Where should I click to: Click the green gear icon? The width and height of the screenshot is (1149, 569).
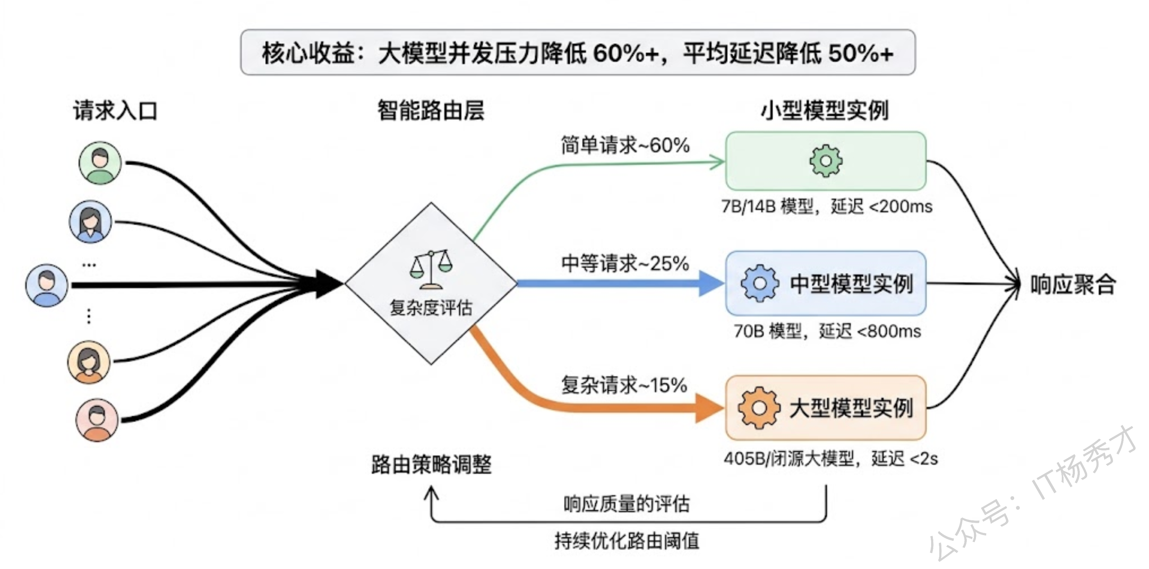(826, 161)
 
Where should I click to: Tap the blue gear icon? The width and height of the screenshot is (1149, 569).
(760, 283)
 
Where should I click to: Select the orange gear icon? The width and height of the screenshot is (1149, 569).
(759, 408)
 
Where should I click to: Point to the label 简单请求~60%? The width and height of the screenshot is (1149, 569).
(625, 145)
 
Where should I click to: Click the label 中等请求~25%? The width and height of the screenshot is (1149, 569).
(625, 264)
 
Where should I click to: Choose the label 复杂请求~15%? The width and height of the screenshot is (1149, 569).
(624, 385)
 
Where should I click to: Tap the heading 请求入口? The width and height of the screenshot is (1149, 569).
(115, 110)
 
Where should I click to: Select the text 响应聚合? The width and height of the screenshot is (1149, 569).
(1073, 284)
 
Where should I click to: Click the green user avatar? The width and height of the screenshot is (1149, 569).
(100, 163)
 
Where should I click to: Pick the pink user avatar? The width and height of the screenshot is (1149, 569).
(97, 420)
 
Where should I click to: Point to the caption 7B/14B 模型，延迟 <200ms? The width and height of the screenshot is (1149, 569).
(827, 206)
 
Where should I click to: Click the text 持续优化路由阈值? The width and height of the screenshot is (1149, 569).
(627, 541)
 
